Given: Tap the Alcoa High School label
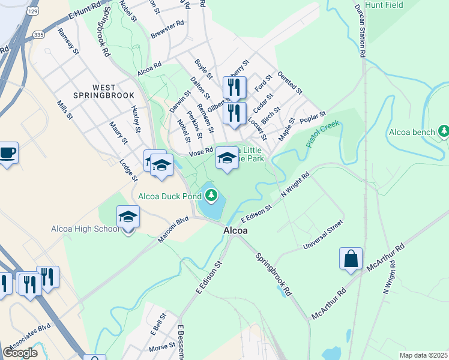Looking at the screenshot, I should click(x=85, y=229).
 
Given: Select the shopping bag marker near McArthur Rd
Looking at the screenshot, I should click(x=351, y=260).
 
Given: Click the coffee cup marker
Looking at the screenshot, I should click(x=8, y=152).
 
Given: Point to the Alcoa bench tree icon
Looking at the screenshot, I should click(x=443, y=131).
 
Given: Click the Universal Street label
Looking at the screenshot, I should click(x=323, y=234).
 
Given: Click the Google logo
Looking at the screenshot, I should click(x=19, y=353).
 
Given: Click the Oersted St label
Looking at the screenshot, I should click(x=289, y=83).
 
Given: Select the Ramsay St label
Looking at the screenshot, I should click(x=70, y=46).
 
